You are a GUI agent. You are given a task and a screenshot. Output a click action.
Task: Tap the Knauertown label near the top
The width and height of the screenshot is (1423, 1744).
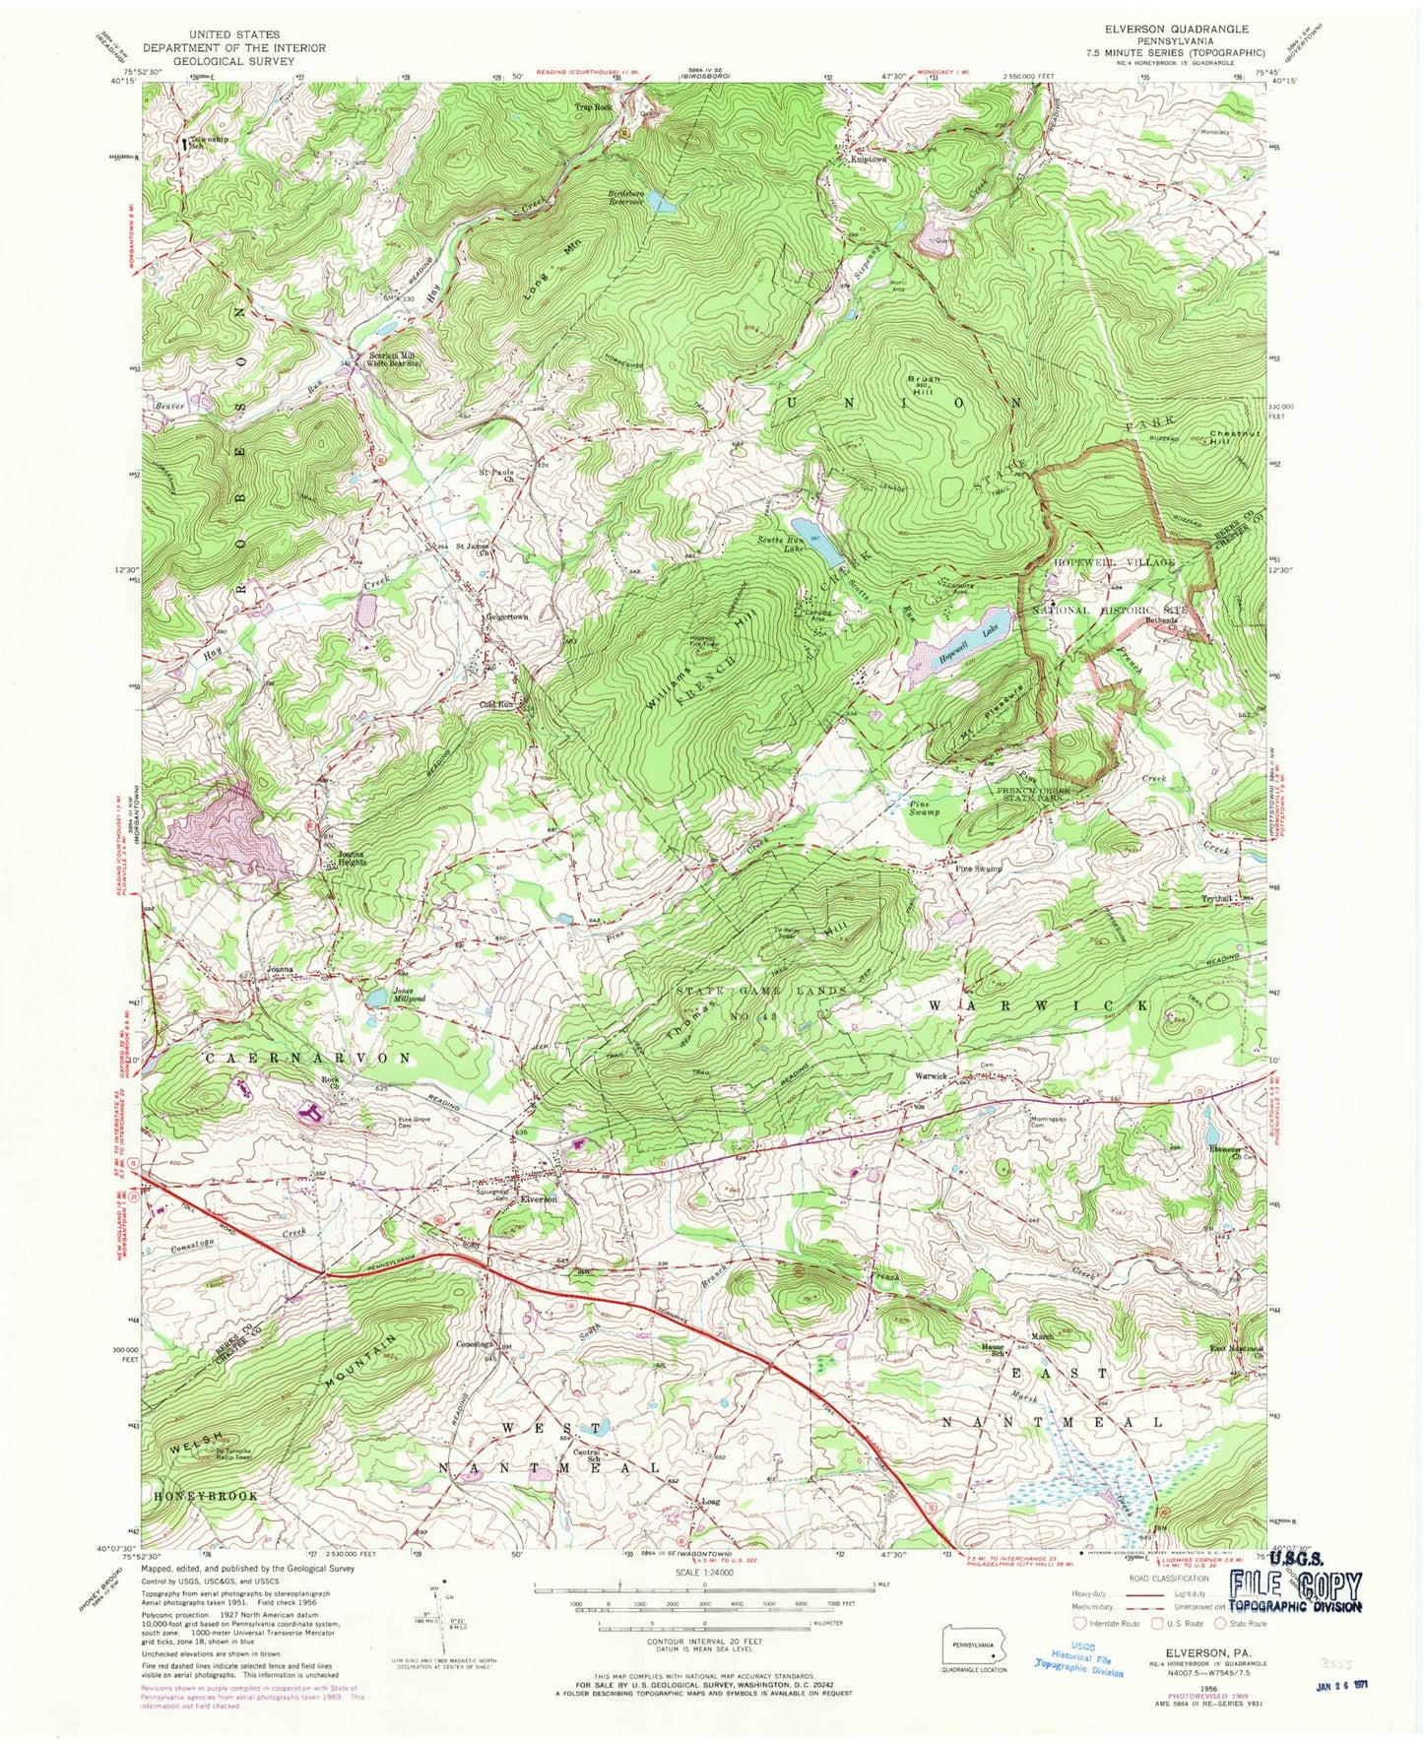(863, 158)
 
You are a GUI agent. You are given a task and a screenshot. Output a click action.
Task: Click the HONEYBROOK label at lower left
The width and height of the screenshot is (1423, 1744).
(205, 1495)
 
